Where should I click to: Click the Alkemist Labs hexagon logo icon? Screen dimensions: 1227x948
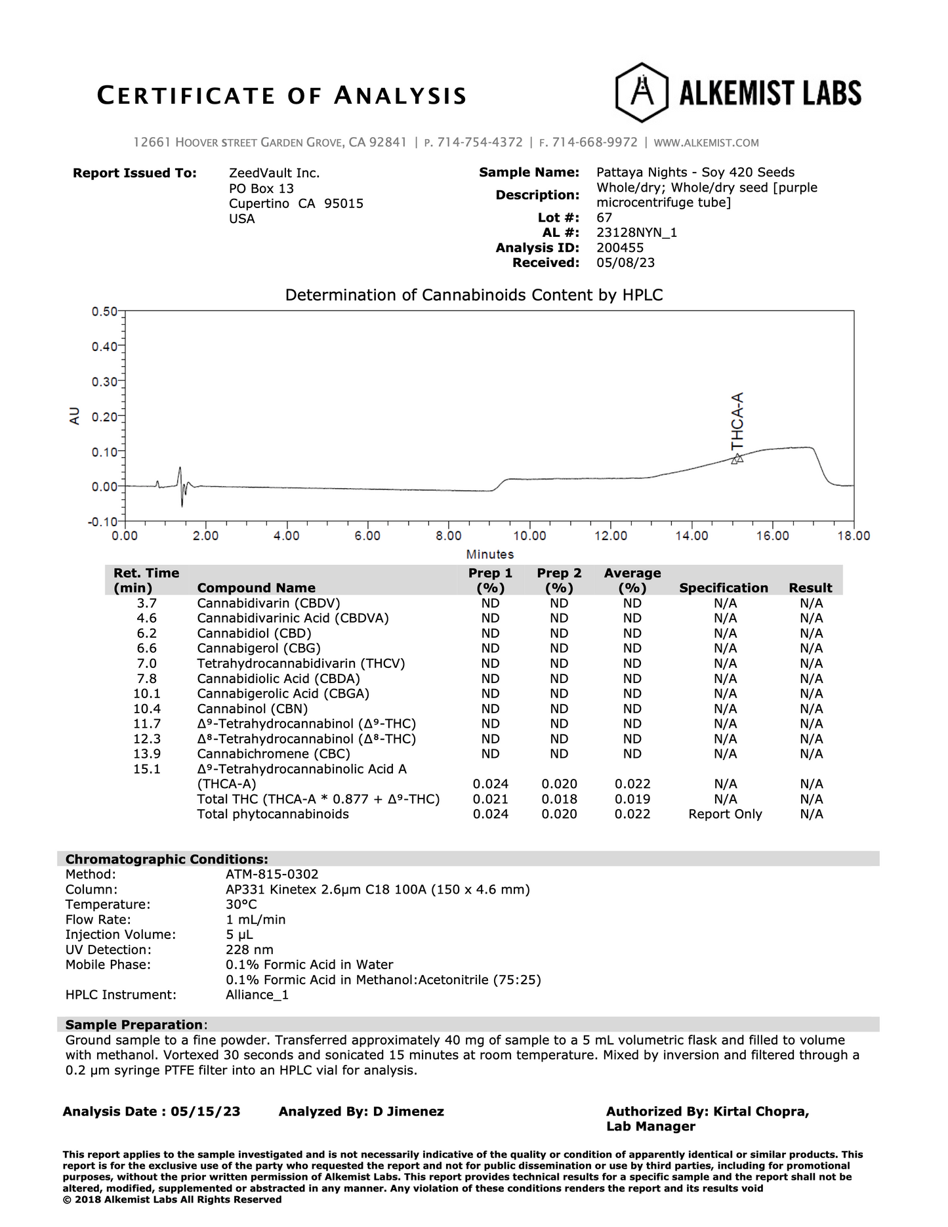642,93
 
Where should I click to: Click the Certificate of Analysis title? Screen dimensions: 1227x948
281,96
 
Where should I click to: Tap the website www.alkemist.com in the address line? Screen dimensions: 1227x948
706,142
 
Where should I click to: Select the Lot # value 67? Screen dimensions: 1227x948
604,218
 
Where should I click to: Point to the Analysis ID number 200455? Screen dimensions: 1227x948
620,248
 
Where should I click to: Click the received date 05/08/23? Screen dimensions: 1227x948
625,263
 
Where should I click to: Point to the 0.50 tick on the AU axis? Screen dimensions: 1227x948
104,312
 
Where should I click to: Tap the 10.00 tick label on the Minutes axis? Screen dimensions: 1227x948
529,536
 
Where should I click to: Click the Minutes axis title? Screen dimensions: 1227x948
490,554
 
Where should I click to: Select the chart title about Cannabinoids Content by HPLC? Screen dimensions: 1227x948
474,295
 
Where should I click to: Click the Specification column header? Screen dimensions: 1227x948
723,588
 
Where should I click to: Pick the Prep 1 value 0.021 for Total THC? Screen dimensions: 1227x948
490,799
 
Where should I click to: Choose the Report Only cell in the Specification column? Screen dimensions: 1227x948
725,814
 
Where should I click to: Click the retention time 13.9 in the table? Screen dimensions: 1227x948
147,754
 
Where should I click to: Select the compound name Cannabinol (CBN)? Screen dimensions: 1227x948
252,709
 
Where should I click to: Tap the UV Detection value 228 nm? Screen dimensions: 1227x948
249,949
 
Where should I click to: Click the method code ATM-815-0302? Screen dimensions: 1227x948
272,874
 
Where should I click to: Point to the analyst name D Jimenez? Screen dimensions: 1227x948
408,1112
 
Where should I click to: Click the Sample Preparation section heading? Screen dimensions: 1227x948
134,1025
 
